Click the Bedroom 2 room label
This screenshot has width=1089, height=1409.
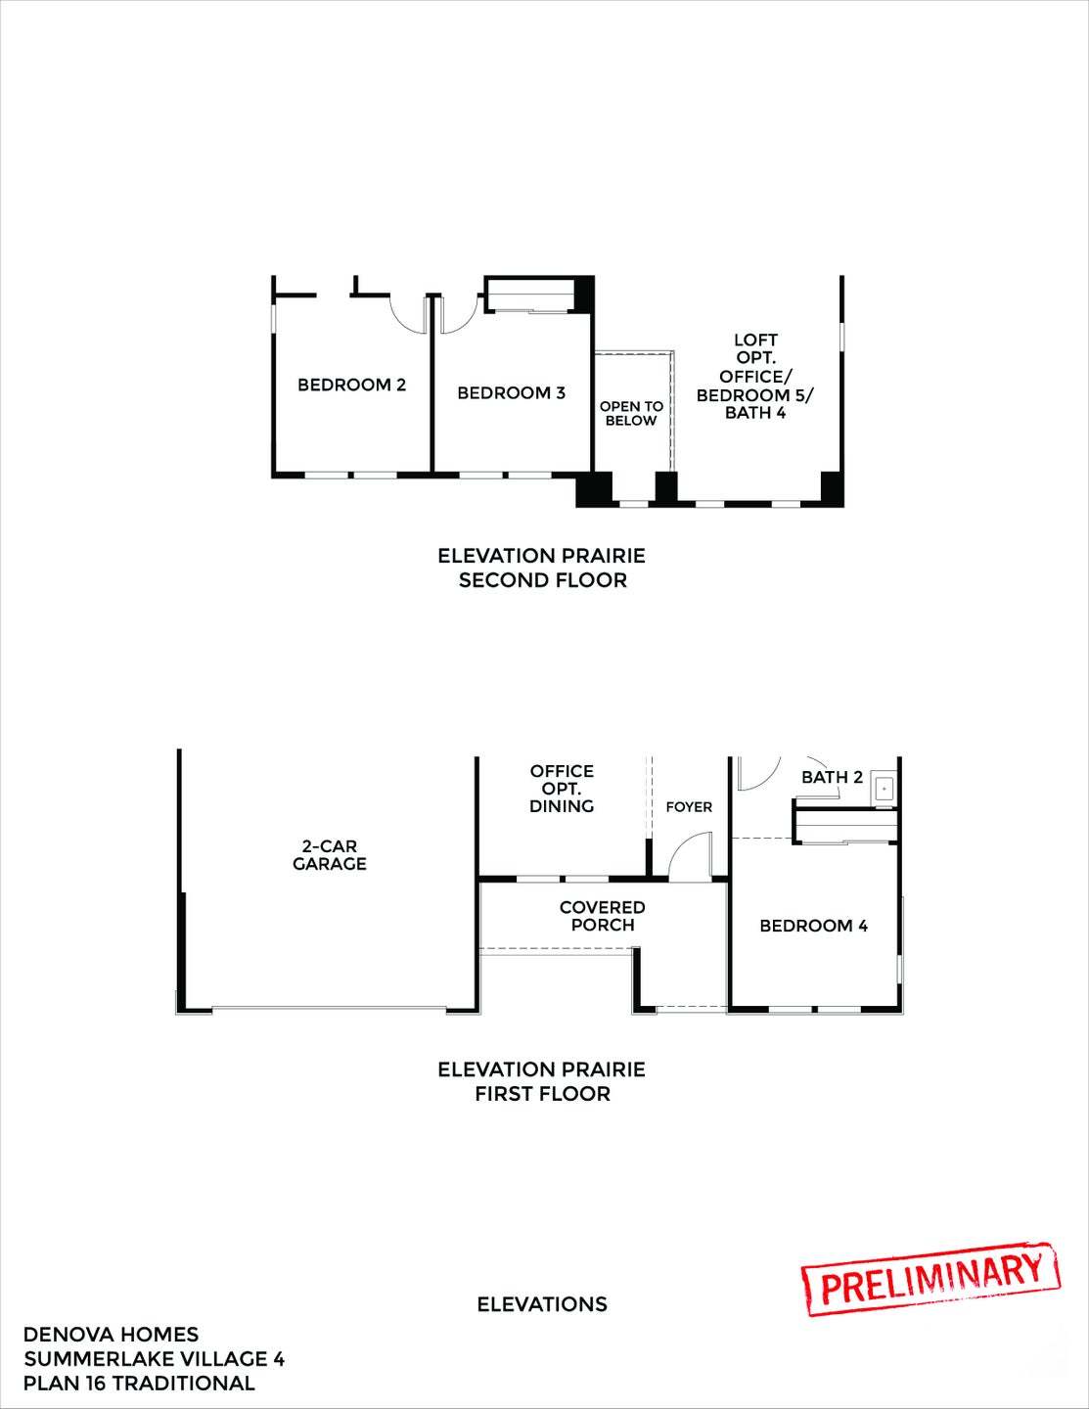(x=351, y=386)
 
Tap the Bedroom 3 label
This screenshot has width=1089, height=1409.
(x=511, y=393)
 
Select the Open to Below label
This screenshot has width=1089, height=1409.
(x=631, y=413)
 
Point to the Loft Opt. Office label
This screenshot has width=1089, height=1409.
(x=755, y=377)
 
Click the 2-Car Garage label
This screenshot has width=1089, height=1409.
(x=330, y=854)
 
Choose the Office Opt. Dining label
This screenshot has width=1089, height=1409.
(x=562, y=789)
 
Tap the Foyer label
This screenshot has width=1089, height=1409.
(x=689, y=807)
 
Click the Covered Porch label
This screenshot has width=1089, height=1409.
(x=602, y=916)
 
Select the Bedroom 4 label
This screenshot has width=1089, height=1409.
(x=813, y=926)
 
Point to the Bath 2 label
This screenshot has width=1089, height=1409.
(x=832, y=778)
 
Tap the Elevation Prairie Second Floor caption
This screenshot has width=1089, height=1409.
(x=542, y=568)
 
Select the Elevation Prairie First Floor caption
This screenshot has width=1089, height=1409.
(x=542, y=1081)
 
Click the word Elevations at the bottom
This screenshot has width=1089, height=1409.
(x=542, y=1304)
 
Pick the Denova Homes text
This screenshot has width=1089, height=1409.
(x=111, y=1335)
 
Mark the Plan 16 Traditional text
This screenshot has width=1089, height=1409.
(x=139, y=1384)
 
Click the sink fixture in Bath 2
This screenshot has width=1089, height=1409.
(x=884, y=787)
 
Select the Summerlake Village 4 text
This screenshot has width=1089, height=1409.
(x=154, y=1359)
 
